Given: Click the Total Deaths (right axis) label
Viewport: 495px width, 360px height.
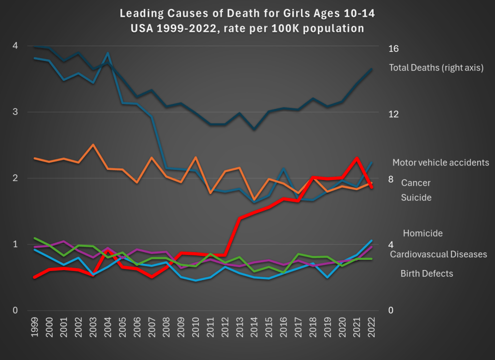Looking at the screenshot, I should (436, 68).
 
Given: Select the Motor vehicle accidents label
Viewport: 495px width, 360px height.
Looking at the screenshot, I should (441, 162).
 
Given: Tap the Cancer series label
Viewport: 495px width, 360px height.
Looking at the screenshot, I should (416, 183).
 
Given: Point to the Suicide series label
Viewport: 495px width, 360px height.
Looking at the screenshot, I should (416, 197).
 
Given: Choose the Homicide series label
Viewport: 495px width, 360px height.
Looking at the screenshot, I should (422, 233).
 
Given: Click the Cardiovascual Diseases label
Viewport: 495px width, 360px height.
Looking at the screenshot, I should (438, 254).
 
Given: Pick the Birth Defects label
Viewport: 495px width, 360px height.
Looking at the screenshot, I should (427, 273).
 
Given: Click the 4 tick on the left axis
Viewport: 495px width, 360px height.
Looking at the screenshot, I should (15, 45).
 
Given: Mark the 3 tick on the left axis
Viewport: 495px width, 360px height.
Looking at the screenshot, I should (15, 112).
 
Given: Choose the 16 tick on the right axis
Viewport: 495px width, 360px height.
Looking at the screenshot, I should (393, 48).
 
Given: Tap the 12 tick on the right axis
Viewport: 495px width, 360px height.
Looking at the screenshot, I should (393, 114).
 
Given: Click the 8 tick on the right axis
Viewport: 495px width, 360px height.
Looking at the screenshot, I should (390, 180).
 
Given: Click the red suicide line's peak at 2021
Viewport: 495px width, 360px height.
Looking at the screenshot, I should (357, 158).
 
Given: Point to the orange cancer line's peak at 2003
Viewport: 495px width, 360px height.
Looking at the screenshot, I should (93, 145).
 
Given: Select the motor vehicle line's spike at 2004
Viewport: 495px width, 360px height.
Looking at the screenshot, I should (108, 53).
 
